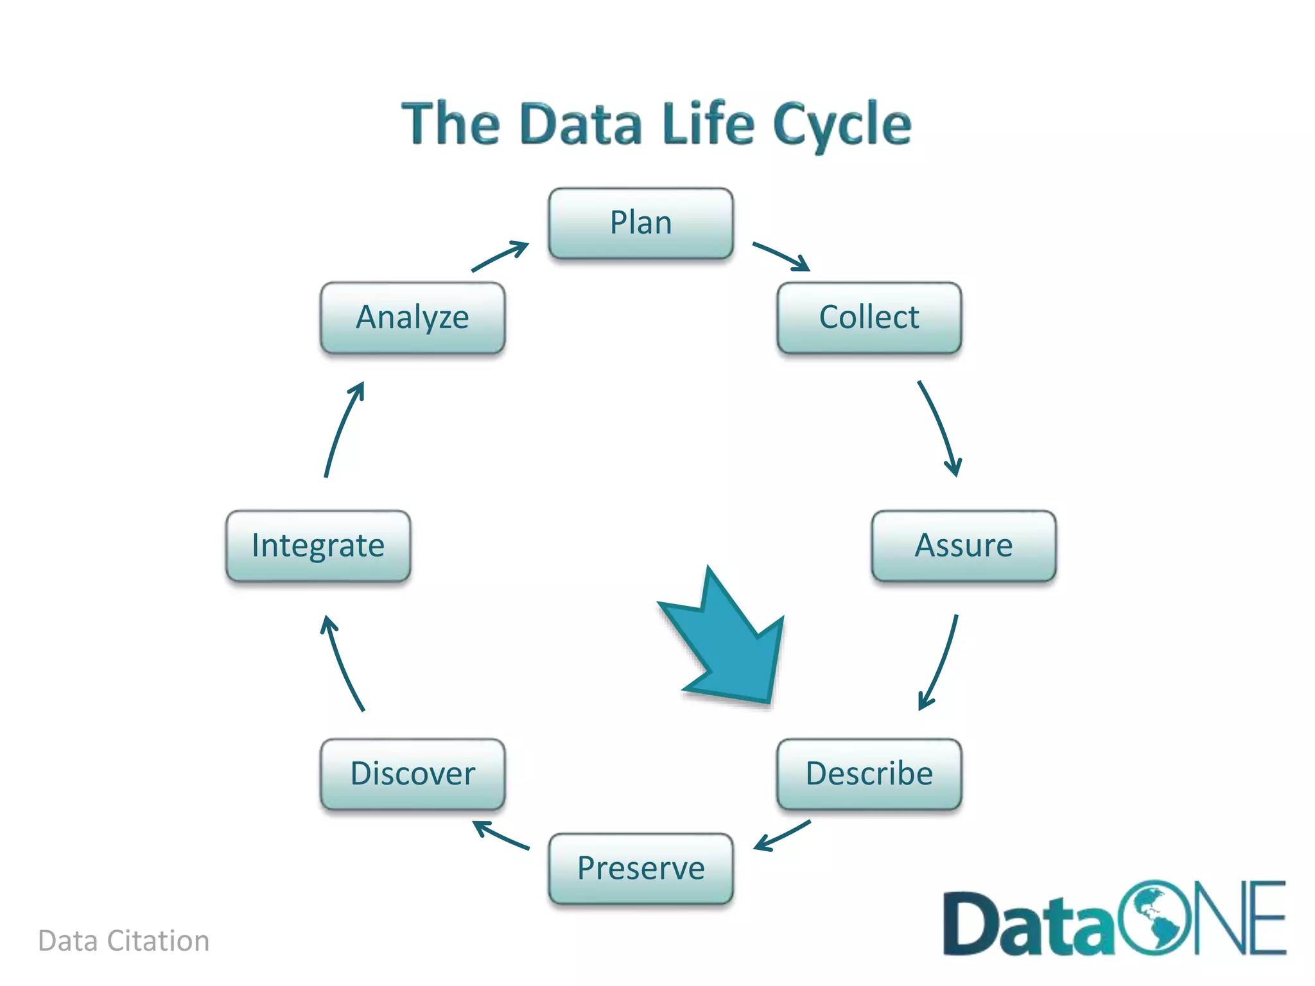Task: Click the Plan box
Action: click(x=640, y=223)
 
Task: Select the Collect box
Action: click(x=869, y=317)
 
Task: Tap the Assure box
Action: click(x=963, y=546)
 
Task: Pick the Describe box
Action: click(x=869, y=774)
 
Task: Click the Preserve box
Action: click(x=640, y=868)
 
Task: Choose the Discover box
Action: click(x=412, y=774)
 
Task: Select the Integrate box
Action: click(x=318, y=546)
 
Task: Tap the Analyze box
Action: click(x=412, y=317)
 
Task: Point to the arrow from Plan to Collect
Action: click(x=781, y=255)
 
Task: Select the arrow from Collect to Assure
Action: click(x=941, y=427)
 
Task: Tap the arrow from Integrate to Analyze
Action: click(x=342, y=428)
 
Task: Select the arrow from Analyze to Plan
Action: click(x=500, y=256)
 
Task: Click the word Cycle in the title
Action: click(x=842, y=125)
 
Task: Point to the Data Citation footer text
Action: click(x=123, y=941)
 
